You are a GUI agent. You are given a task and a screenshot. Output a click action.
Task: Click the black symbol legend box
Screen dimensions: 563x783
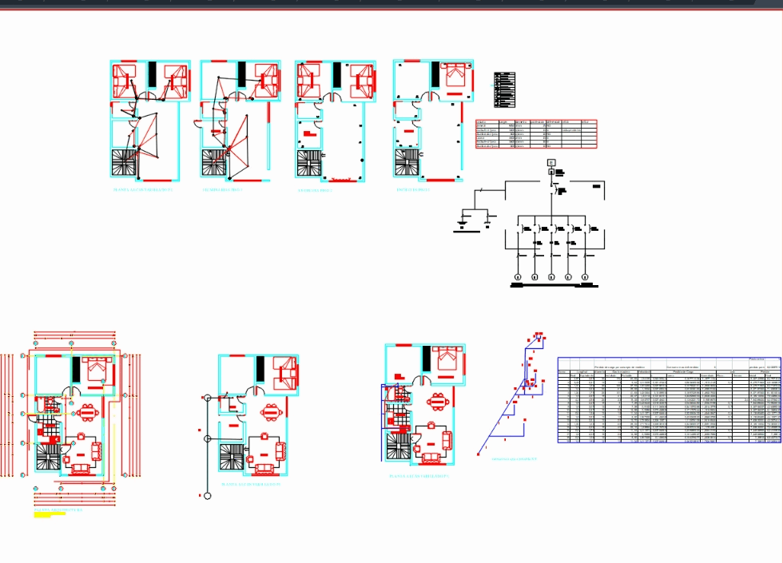pyautogui.click(x=505, y=89)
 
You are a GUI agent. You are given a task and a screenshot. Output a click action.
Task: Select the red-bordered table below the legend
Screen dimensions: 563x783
pyautogui.click(x=535, y=134)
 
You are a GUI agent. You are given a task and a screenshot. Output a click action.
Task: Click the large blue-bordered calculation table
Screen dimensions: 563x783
pyautogui.click(x=669, y=401)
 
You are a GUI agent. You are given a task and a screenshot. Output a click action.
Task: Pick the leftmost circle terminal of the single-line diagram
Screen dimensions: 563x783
pyautogui.click(x=517, y=277)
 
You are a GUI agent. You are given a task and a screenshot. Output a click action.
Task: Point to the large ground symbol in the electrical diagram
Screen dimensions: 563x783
pyautogui.click(x=463, y=223)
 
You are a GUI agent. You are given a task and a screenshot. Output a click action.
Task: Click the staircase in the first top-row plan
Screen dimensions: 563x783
pyautogui.click(x=125, y=163)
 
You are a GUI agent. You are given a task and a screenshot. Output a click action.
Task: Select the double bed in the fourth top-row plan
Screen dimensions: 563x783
pyautogui.click(x=455, y=75)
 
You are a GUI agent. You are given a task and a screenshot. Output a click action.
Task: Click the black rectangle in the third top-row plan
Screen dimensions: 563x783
pyautogui.click(x=338, y=75)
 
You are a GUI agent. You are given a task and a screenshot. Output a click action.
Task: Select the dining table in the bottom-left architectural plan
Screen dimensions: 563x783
pyautogui.click(x=88, y=413)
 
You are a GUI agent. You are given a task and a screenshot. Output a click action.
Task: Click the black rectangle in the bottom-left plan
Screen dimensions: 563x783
pyautogui.click(x=76, y=371)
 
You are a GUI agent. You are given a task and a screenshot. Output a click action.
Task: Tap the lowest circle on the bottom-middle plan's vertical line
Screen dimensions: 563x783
pyautogui.click(x=207, y=496)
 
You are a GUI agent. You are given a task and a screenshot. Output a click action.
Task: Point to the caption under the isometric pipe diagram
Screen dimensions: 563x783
pyautogui.click(x=514, y=459)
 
